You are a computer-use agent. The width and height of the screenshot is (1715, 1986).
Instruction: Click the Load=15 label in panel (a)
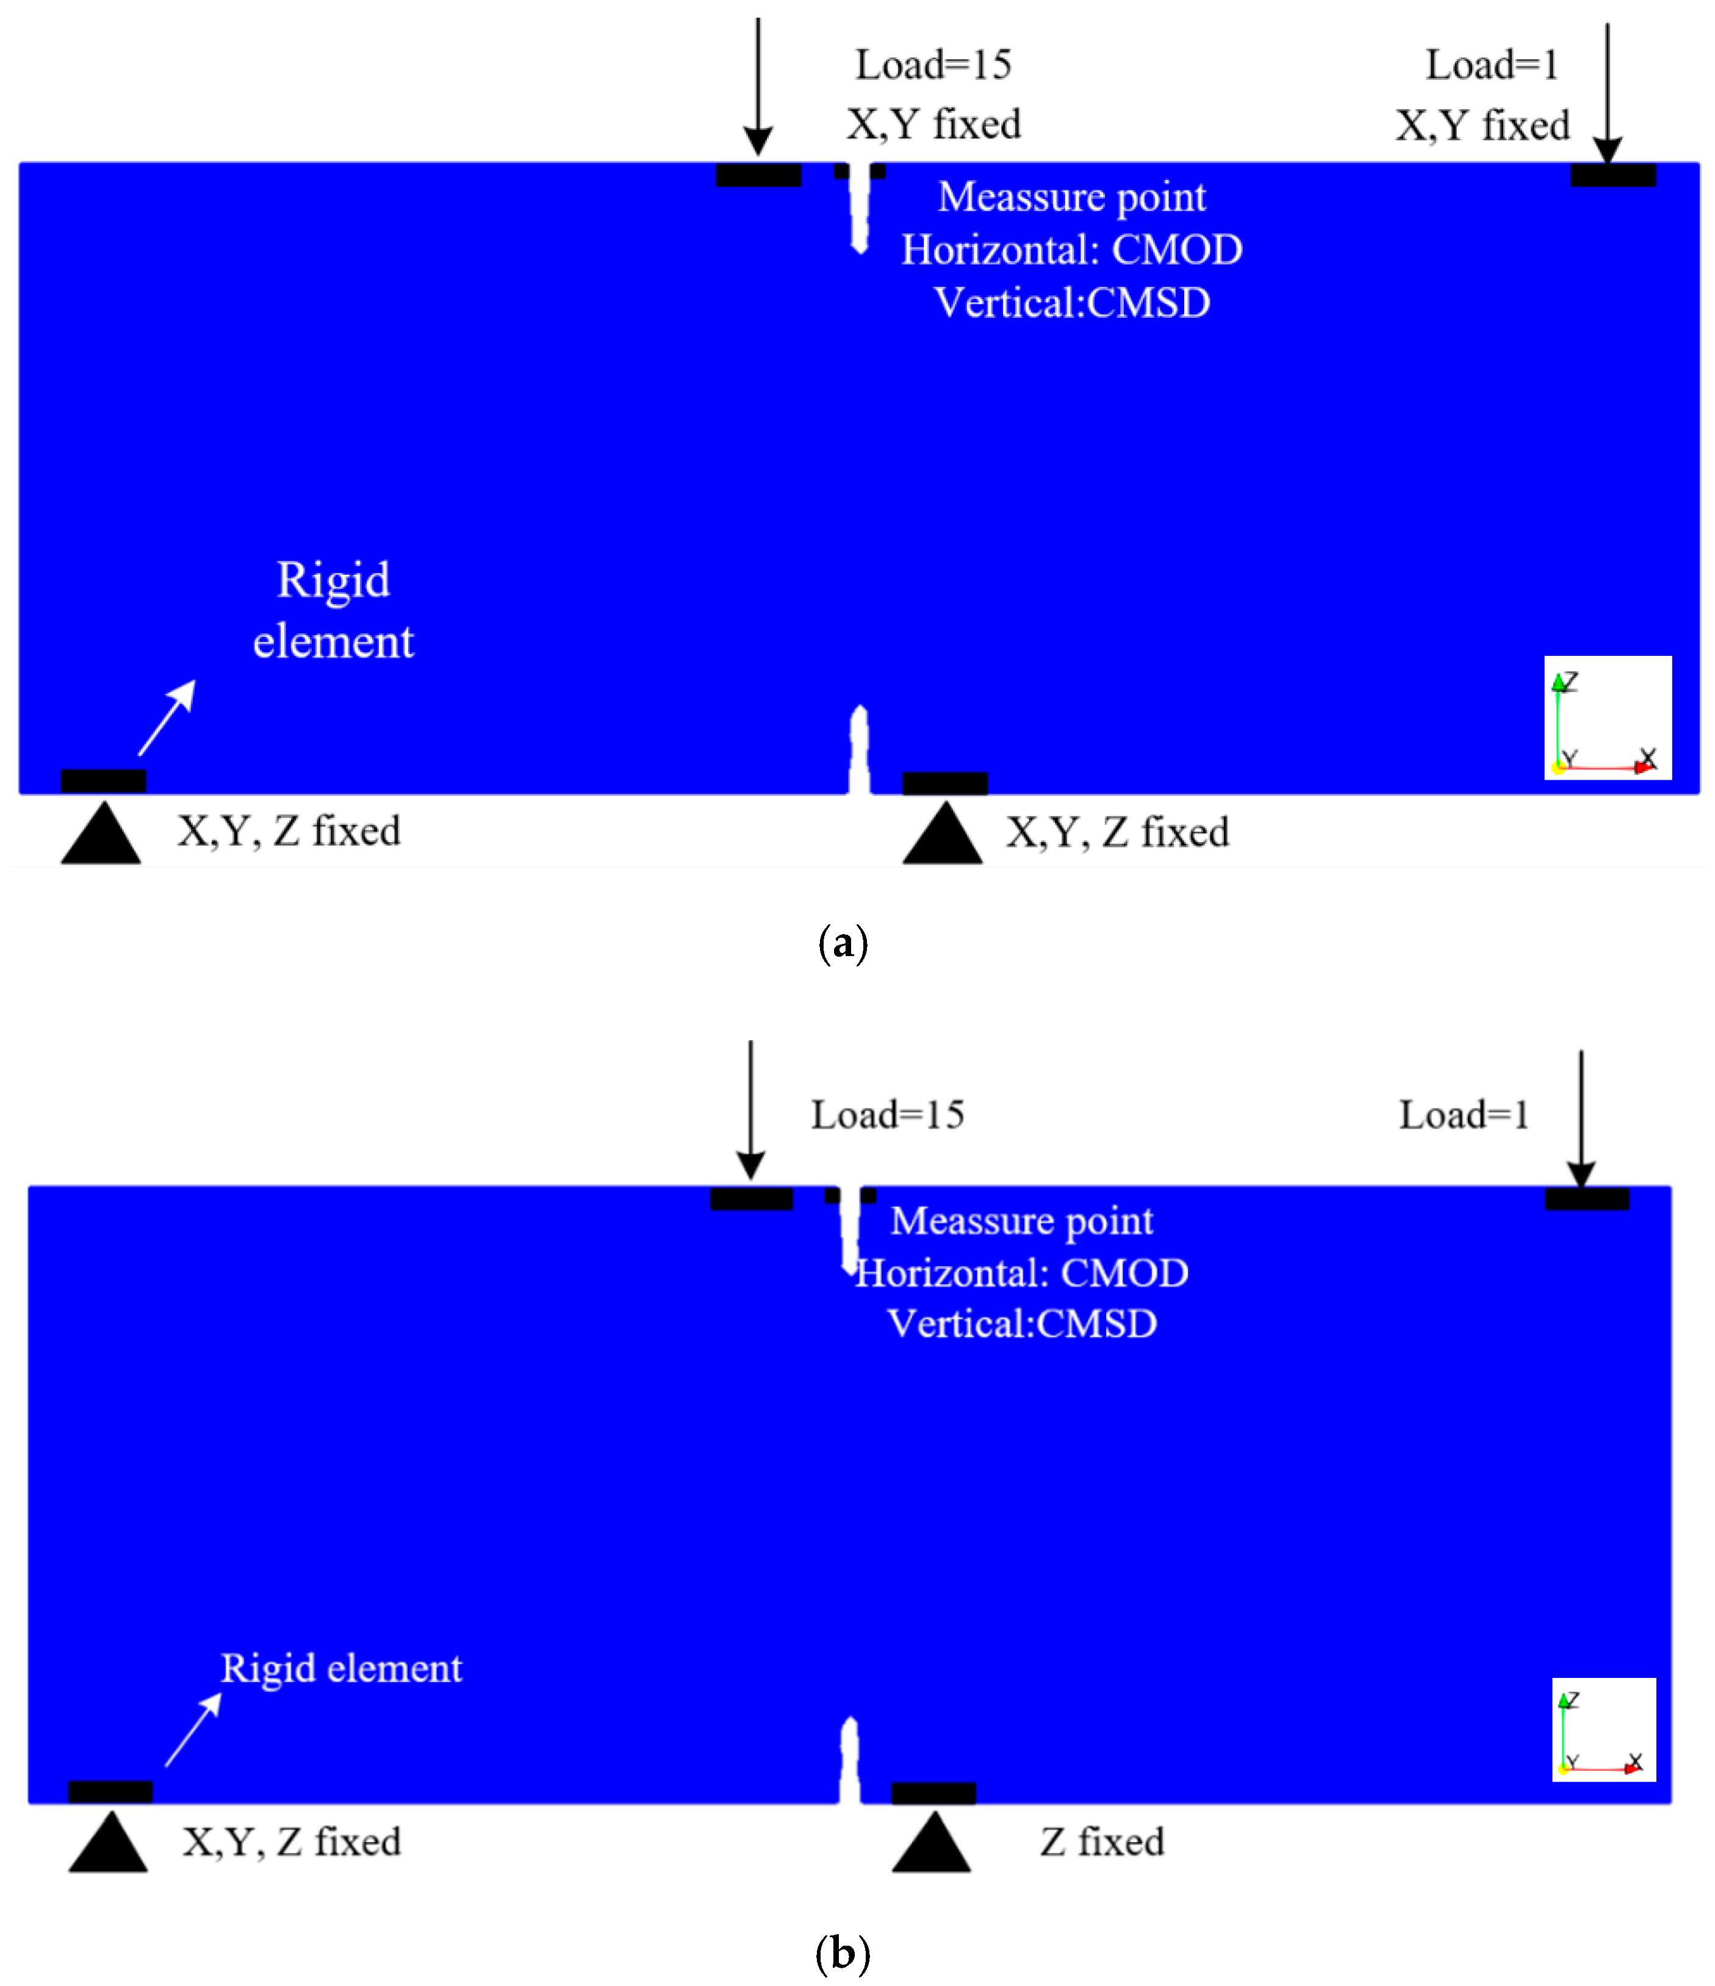933,65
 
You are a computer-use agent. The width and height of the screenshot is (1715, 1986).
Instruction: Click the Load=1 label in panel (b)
1463,1115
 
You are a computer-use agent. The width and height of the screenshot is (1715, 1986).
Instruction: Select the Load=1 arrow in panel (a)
1608,91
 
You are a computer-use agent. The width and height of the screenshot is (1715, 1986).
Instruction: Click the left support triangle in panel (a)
101,835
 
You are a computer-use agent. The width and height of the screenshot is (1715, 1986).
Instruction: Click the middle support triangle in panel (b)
932,1843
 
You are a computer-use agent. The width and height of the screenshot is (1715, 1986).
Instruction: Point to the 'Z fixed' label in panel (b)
1102,1842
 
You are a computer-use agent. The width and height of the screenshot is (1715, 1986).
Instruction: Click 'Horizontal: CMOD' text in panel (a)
1072,250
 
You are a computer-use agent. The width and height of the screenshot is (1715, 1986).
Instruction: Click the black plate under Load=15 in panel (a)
758,174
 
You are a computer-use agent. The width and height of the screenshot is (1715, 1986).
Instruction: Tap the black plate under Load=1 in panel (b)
1586,1198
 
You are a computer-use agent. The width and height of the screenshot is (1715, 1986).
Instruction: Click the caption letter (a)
843,943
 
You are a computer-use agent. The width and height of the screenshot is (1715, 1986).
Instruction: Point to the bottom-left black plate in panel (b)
110,1791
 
